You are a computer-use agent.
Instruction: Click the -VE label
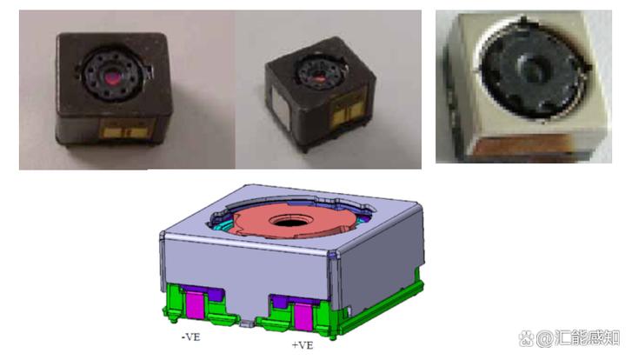(191, 337)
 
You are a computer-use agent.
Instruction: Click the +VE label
(303, 345)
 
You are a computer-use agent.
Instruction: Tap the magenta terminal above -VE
(195, 305)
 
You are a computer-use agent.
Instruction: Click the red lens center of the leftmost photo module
(113, 77)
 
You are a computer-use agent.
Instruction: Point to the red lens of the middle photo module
(320, 75)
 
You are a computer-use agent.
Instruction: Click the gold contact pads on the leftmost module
(126, 132)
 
